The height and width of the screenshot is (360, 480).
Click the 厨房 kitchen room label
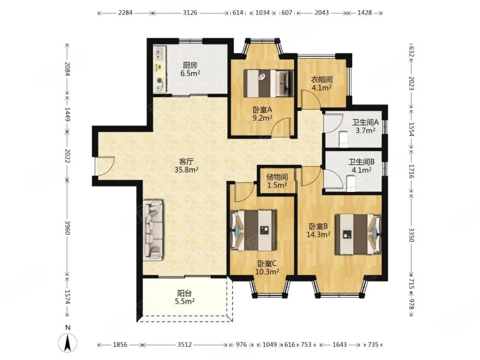click(190, 65)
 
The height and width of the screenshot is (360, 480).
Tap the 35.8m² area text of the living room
click(187, 169)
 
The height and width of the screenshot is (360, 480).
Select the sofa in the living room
click(153, 230)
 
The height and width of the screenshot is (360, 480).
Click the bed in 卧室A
click(268, 83)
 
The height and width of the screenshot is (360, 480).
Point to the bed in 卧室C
click(254, 230)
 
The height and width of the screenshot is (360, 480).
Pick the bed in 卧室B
click(358, 234)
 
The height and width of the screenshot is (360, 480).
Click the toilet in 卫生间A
click(343, 139)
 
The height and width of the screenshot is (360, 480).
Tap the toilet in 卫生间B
click(351, 183)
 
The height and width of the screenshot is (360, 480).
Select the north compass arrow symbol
click(68, 342)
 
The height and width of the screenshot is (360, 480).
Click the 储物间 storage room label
click(277, 177)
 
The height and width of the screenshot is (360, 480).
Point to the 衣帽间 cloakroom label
click(322, 80)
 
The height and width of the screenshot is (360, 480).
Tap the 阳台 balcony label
click(185, 293)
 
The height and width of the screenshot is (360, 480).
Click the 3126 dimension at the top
click(190, 13)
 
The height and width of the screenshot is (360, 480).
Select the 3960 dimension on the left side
click(68, 227)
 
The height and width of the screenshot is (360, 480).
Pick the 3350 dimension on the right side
click(411, 235)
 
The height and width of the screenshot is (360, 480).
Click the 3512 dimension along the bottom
click(185, 344)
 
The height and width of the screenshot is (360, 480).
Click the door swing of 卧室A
click(281, 126)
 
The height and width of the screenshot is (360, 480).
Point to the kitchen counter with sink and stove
click(160, 69)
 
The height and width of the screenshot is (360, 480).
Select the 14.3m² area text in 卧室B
click(319, 235)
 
